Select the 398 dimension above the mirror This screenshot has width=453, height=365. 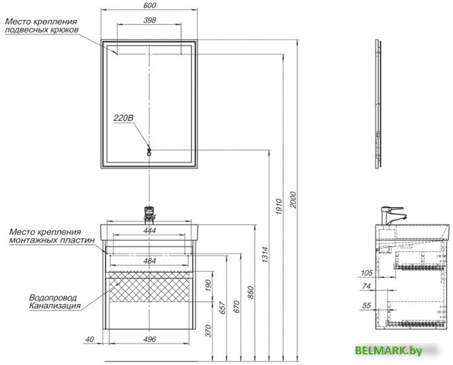point(149,20)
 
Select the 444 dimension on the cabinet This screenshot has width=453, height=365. point(149,230)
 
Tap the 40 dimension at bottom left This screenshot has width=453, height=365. point(88,340)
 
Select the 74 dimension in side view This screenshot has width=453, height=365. point(365,285)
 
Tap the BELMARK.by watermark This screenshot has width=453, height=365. point(397,350)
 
